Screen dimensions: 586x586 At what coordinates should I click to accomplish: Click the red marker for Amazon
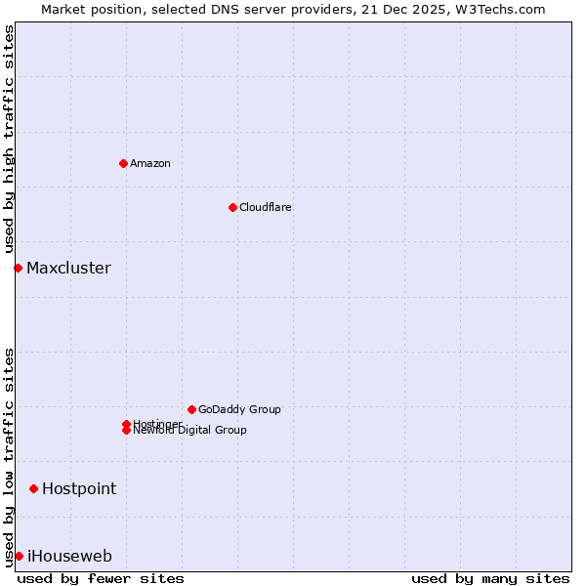[123, 163]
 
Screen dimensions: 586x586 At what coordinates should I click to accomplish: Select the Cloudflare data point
[232, 207]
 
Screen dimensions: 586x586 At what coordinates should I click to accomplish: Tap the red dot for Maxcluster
[18, 268]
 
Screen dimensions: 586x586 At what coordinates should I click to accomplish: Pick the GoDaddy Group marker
[191, 409]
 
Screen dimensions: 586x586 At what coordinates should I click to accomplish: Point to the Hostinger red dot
[126, 424]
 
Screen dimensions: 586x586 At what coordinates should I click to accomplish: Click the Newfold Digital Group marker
[126, 431]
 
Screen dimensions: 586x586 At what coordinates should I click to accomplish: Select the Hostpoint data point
[33, 488]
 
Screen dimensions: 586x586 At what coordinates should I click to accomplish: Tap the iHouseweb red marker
[19, 556]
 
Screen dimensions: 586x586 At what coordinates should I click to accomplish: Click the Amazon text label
[150, 163]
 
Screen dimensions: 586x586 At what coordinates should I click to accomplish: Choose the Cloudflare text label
[266, 207]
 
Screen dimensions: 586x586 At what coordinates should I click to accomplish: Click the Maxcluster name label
[68, 268]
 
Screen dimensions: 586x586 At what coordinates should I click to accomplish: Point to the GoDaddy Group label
[239, 409]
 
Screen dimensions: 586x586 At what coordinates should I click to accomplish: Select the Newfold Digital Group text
[190, 431]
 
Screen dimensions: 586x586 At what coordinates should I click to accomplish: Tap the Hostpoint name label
[79, 488]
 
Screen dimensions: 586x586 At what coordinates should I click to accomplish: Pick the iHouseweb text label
[69, 556]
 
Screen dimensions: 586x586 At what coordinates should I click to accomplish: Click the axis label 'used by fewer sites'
[101, 578]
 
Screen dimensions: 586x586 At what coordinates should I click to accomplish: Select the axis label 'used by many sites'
[490, 578]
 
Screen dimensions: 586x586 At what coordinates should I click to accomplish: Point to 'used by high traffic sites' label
[9, 140]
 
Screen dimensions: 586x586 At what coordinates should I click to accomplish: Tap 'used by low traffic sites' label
[9, 457]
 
